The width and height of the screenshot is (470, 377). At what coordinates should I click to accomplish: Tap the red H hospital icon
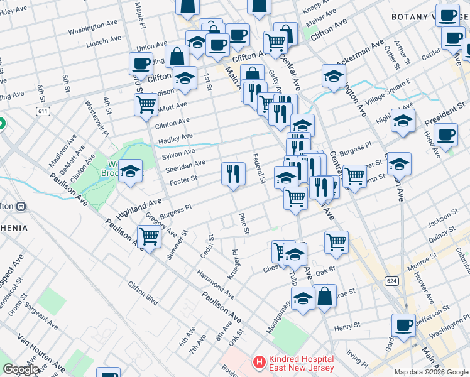258,363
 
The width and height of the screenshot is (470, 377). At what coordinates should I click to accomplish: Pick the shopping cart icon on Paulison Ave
150,238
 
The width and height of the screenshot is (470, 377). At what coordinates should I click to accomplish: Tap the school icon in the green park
130,172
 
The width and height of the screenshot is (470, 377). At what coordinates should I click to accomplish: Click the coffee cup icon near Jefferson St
403,325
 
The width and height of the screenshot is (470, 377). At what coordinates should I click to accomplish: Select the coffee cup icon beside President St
446,135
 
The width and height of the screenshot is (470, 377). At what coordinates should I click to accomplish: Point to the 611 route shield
43,111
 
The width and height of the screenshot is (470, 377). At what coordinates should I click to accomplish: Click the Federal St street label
258,168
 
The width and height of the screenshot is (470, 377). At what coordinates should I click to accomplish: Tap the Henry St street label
347,327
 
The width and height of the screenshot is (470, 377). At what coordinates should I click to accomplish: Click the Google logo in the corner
21,369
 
